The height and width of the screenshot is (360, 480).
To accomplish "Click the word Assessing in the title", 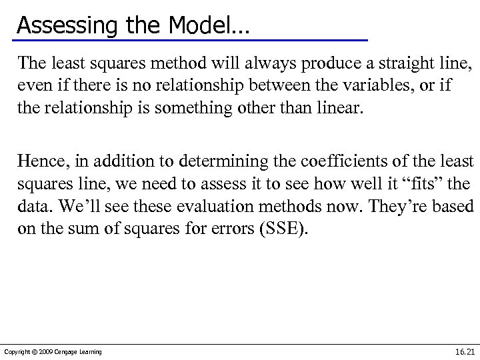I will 58,25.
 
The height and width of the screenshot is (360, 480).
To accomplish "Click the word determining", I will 196,161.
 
